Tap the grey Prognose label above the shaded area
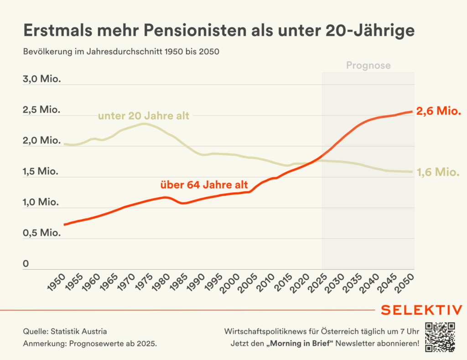point(368,65)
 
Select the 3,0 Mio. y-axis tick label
point(42,79)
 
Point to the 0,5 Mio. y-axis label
point(42,233)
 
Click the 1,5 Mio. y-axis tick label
point(42,172)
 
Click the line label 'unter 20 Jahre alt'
point(143,115)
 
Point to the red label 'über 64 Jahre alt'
point(204,185)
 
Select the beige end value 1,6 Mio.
point(438,172)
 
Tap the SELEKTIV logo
point(421,310)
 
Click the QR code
point(440,337)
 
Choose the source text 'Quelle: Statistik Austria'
point(65,331)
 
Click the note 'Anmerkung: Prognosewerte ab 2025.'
point(90,344)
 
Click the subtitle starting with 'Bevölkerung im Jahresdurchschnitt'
point(121,52)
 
